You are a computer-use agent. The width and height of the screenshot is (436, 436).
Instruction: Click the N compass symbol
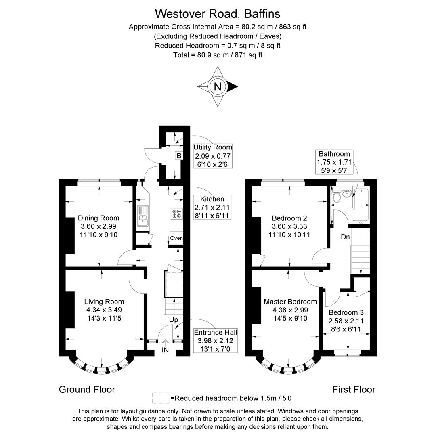pyautogui.click(x=218, y=86)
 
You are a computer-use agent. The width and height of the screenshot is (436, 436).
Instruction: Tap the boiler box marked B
pyautogui.click(x=179, y=156)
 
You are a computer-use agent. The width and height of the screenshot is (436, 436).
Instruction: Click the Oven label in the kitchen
pyautogui.click(x=176, y=238)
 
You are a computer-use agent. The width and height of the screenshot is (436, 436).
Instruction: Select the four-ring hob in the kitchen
pyautogui.click(x=176, y=213)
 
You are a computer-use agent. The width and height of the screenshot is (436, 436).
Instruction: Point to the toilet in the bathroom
pyautogui.click(x=336, y=196)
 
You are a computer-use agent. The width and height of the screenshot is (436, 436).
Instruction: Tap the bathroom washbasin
pyautogui.click(x=347, y=193)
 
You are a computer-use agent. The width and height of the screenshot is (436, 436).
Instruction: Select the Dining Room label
pyautogui.click(x=99, y=218)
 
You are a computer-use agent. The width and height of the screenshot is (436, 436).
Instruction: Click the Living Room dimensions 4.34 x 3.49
pyautogui.click(x=104, y=310)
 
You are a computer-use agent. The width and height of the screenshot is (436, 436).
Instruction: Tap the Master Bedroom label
pyautogui.click(x=290, y=302)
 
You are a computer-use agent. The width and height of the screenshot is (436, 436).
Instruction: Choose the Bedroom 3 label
pyautogui.click(x=346, y=312)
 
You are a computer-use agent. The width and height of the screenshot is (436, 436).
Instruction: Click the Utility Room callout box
pyautogui.click(x=213, y=156)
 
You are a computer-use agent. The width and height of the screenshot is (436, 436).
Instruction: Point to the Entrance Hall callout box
pyautogui.click(x=216, y=341)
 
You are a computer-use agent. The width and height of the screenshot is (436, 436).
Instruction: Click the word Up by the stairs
pyautogui.click(x=174, y=320)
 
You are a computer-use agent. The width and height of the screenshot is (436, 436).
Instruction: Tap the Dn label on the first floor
pyautogui.click(x=345, y=237)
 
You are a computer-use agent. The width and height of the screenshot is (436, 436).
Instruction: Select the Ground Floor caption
pyautogui.click(x=87, y=389)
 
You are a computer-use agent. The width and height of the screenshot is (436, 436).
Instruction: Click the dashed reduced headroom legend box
pyautogui.click(x=160, y=398)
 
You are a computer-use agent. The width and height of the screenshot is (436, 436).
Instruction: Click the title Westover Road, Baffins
pyautogui.click(x=218, y=13)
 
